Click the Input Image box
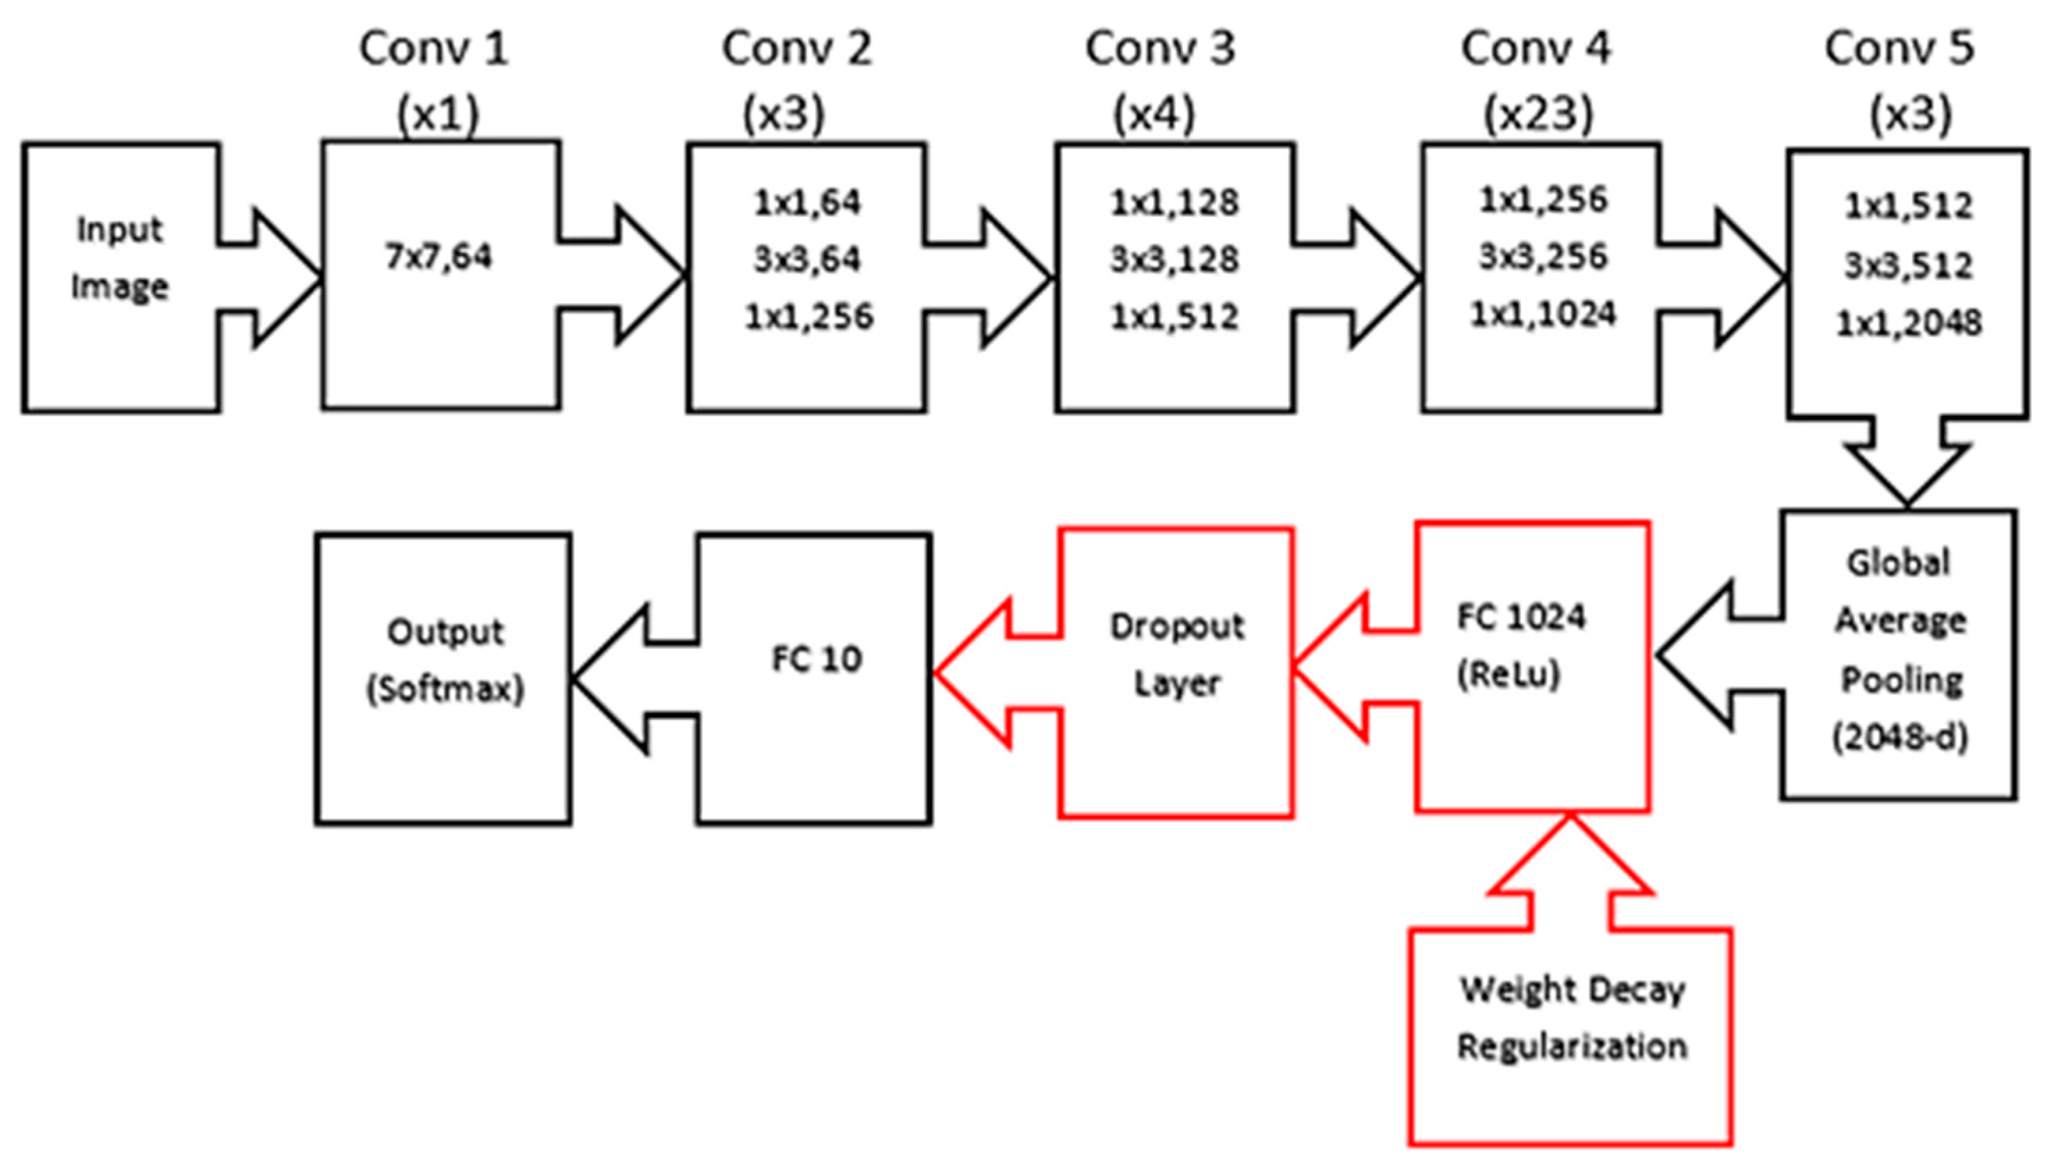[x=120, y=278]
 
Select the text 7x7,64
[x=439, y=257]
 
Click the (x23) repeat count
[x=1537, y=115]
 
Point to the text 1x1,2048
[x=1909, y=323]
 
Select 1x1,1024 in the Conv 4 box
[x=1542, y=314]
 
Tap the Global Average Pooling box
[x=1899, y=655]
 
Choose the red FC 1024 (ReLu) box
[x=1532, y=667]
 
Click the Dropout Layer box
[x=1177, y=673]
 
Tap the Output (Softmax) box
[x=444, y=679]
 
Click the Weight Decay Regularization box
[x=1570, y=1036]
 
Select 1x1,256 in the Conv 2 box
[x=809, y=317]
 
